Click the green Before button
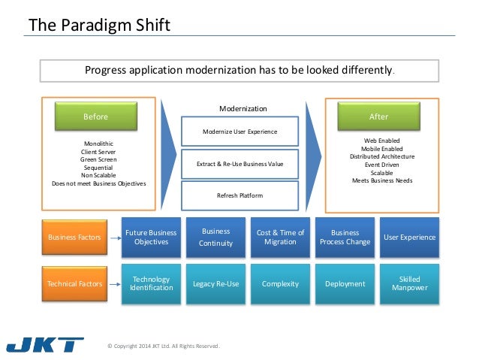coord(95,116)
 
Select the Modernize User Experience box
coord(239,132)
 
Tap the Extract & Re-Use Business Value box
coord(239,163)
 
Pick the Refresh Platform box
coord(239,195)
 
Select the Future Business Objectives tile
coord(151,237)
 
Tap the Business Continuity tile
coord(215,237)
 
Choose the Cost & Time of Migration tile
coord(280,237)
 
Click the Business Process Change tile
coord(345,237)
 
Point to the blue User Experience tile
coord(409,237)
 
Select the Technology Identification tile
coord(151,283)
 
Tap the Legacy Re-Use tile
coord(215,283)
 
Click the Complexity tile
coord(280,283)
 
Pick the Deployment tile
coord(345,283)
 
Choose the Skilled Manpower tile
coord(409,283)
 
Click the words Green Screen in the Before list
coord(98,159)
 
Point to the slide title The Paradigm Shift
coord(99,26)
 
